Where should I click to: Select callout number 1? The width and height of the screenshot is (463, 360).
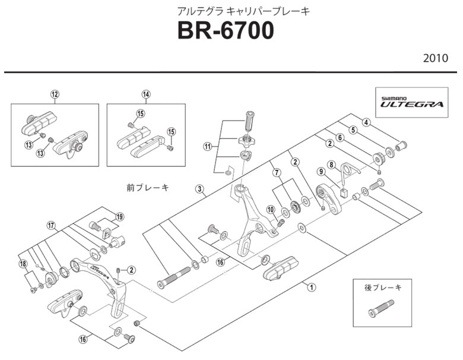(x=310, y=287)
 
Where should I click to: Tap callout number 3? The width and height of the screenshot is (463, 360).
(x=199, y=190)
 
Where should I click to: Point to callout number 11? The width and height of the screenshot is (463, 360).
(x=207, y=146)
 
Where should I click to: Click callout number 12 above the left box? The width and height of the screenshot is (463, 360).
(x=55, y=94)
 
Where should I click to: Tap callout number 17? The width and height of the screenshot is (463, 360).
(x=52, y=225)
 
